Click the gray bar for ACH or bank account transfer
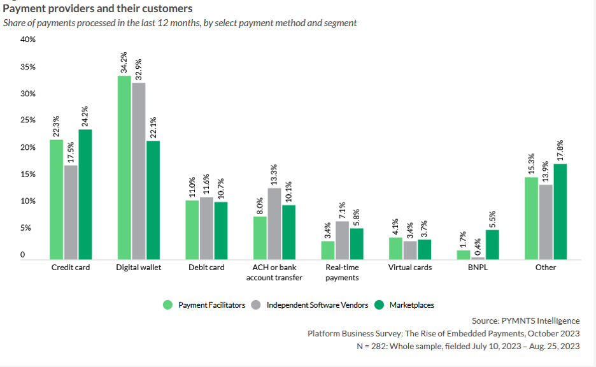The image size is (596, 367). (274, 224)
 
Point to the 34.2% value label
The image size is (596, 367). (124, 62)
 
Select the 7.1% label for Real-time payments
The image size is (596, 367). (343, 208)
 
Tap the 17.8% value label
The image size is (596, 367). (560, 151)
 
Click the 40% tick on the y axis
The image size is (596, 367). (28, 40)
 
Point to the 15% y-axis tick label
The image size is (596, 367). (28, 175)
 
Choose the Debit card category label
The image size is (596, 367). (206, 268)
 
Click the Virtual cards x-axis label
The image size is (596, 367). (410, 268)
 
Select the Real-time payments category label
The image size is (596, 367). (342, 273)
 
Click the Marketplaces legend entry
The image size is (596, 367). (411, 305)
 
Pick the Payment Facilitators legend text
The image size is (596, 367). (211, 305)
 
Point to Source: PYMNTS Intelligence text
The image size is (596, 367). (525, 320)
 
